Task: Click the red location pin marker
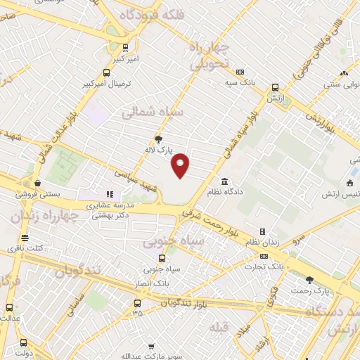181,165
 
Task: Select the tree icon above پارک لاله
159,139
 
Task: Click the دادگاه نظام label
225,191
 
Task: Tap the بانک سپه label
240,82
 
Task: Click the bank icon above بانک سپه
240,72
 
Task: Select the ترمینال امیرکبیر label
105,83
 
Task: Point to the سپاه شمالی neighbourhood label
153,112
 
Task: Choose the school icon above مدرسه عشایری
110,194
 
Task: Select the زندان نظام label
262,242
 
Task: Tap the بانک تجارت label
263,266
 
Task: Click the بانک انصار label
154,283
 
